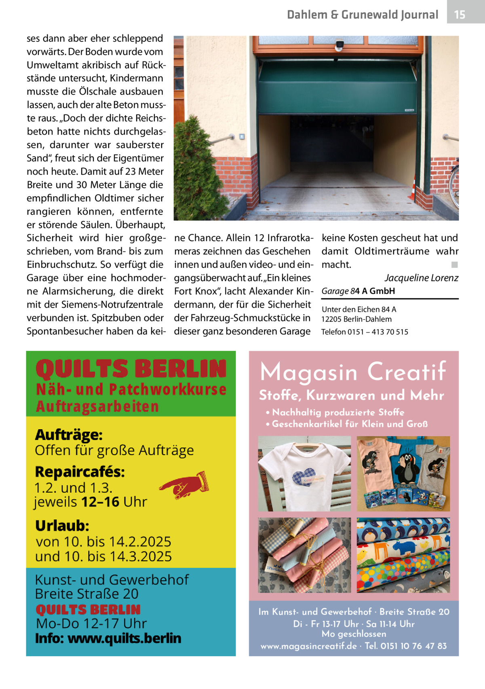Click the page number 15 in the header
point(460,15)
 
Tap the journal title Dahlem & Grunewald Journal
point(362,15)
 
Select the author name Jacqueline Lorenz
point(421,278)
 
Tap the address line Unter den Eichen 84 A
point(358,310)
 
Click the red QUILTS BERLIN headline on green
point(131,369)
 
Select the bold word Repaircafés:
point(80,472)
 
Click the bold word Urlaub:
point(62,526)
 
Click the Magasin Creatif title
point(353,372)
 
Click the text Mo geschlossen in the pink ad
point(354,634)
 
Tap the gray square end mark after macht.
point(455,265)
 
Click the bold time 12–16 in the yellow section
point(100,502)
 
